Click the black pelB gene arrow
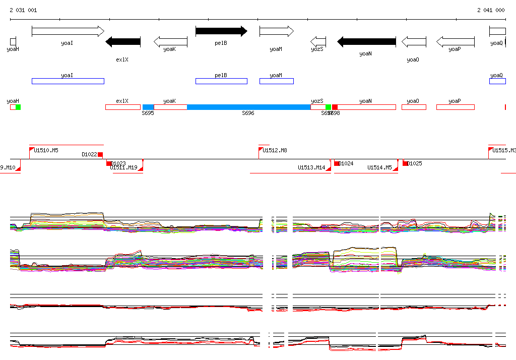coord(221,31)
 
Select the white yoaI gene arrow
coord(68,31)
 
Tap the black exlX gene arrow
coord(123,42)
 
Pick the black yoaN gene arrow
coord(366,42)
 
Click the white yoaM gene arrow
coord(276,31)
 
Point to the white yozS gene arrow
coord(318,42)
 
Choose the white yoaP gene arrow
coord(455,42)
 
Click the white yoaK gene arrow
coord(170,42)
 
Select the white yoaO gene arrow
coord(414,42)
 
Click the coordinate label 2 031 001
coord(23,10)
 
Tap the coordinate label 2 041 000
coord(491,10)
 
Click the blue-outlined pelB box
coord(221,81)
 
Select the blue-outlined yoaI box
coord(68,81)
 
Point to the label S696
coord(248,113)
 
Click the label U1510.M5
coord(46,150)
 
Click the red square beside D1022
coord(100,155)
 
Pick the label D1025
coord(415,163)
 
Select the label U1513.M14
coord(311,167)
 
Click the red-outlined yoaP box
coord(455,107)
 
